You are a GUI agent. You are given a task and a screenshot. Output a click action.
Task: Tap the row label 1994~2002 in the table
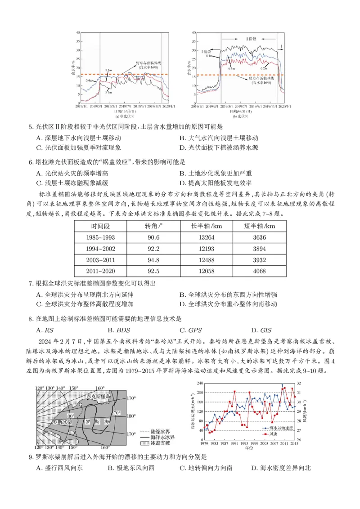(103, 248)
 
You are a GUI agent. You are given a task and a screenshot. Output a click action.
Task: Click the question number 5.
(31, 127)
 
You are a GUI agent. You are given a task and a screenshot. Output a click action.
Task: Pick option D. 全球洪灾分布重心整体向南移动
(232, 304)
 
